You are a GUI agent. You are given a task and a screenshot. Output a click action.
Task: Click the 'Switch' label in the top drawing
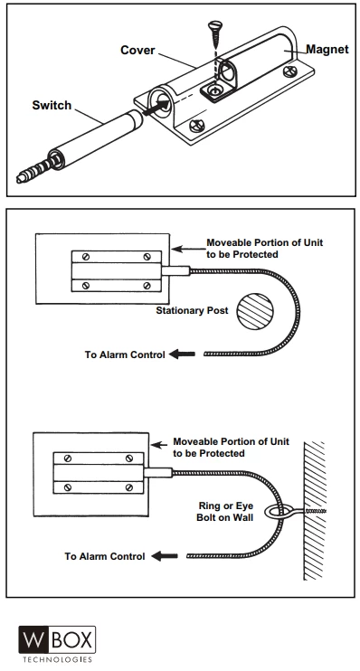click(x=52, y=105)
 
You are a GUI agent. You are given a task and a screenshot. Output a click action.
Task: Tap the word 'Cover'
click(x=137, y=50)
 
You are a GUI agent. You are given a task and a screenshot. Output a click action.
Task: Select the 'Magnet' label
click(x=327, y=49)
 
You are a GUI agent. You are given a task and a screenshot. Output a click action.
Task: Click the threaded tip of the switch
click(x=33, y=170)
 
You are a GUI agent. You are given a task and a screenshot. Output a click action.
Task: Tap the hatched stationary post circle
click(x=255, y=311)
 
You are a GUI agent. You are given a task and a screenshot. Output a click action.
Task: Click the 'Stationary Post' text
click(x=192, y=311)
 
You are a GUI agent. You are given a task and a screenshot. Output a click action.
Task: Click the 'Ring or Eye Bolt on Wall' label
click(x=224, y=511)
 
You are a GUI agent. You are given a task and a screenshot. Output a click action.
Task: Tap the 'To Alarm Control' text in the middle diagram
click(x=125, y=354)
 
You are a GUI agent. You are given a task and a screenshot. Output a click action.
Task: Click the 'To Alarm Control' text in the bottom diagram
click(x=105, y=556)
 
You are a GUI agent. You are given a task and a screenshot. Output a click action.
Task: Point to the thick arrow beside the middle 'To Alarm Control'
click(x=182, y=354)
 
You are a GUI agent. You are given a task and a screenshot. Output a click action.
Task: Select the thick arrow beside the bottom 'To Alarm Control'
click(x=165, y=556)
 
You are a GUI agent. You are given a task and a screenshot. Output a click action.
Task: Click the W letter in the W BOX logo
click(x=33, y=639)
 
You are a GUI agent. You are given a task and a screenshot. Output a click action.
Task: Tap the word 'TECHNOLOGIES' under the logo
click(x=57, y=659)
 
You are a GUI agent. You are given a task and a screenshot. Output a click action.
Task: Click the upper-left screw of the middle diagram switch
click(x=86, y=257)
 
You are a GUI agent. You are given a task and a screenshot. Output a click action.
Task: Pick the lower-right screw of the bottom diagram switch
click(x=129, y=487)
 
